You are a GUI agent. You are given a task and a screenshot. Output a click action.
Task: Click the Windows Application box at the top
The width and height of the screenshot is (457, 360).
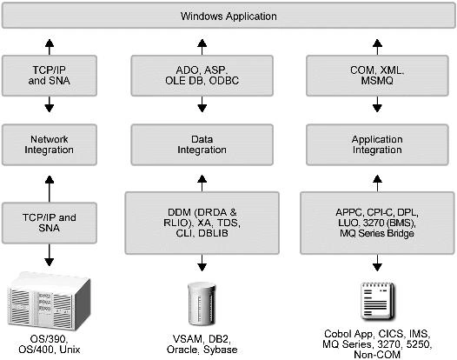[228, 16]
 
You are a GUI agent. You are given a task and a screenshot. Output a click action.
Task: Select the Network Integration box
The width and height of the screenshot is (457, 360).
[50, 144]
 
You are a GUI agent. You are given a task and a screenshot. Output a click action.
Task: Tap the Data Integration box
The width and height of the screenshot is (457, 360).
[202, 144]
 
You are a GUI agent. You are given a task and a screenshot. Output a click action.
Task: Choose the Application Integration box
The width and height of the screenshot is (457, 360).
[377, 144]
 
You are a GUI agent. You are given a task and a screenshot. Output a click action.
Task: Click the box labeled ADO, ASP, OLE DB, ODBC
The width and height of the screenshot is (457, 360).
[202, 76]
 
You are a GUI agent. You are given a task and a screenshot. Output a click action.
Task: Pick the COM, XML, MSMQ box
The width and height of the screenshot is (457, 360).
[377, 76]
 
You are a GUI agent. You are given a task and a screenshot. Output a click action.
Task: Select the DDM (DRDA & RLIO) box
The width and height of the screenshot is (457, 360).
[202, 223]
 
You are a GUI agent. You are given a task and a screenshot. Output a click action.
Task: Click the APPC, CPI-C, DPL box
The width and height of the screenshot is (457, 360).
[377, 223]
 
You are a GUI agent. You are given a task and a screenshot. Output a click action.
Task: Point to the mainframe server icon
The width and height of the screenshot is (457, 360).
[49, 301]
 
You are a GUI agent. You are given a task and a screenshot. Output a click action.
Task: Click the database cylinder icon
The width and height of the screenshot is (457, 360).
[202, 303]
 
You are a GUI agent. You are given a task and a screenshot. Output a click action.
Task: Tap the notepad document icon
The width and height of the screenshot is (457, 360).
[377, 302]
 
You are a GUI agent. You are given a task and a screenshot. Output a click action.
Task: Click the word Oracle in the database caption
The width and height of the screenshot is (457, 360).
[182, 350]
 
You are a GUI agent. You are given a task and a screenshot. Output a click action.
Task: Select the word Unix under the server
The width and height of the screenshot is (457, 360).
[70, 350]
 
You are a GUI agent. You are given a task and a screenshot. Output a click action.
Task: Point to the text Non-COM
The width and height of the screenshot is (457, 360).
[377, 355]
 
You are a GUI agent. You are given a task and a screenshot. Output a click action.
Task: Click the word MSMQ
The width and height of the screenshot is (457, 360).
[377, 81]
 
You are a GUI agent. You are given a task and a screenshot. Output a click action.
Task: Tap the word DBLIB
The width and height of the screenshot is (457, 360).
[214, 233]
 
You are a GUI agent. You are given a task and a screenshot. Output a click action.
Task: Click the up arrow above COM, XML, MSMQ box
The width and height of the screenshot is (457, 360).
[377, 47]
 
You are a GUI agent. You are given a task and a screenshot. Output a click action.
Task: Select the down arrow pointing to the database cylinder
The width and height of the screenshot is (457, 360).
[202, 263]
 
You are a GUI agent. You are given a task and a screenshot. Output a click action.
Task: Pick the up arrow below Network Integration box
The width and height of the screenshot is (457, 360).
[50, 189]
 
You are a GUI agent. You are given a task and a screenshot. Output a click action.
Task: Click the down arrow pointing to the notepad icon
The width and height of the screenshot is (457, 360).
[377, 263]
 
